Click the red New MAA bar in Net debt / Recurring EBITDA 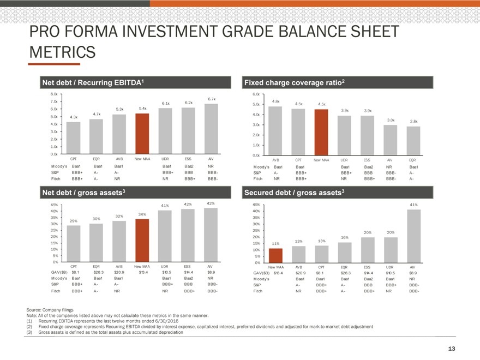[142, 134]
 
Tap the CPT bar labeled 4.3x [74, 138]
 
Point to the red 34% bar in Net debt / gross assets [142, 240]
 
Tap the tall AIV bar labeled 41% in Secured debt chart [413, 236]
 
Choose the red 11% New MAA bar [276, 255]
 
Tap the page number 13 [452, 349]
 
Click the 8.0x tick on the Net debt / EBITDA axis [53, 93]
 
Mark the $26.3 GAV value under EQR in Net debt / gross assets [99, 272]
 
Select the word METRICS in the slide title [63, 52]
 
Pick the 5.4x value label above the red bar [143, 108]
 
